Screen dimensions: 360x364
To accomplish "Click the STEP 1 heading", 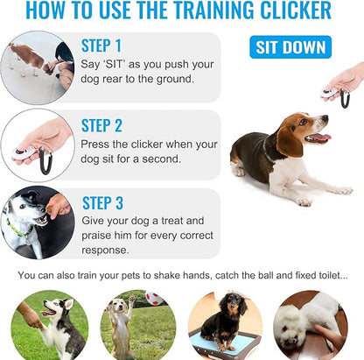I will (x=101, y=46).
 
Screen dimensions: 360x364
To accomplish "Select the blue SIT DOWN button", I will (x=290, y=46).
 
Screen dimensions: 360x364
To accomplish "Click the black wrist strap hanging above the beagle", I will (x=345, y=96).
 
